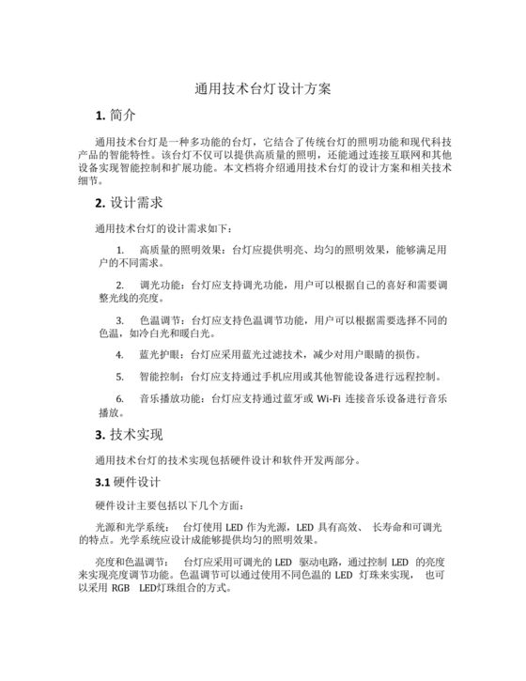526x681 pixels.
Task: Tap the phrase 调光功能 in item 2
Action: coord(162,284)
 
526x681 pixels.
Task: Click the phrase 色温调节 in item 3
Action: coord(162,320)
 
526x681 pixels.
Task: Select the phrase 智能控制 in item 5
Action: coord(162,377)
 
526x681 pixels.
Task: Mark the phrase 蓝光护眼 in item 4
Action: coord(162,355)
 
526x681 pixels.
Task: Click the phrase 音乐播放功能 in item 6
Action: coord(169,398)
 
